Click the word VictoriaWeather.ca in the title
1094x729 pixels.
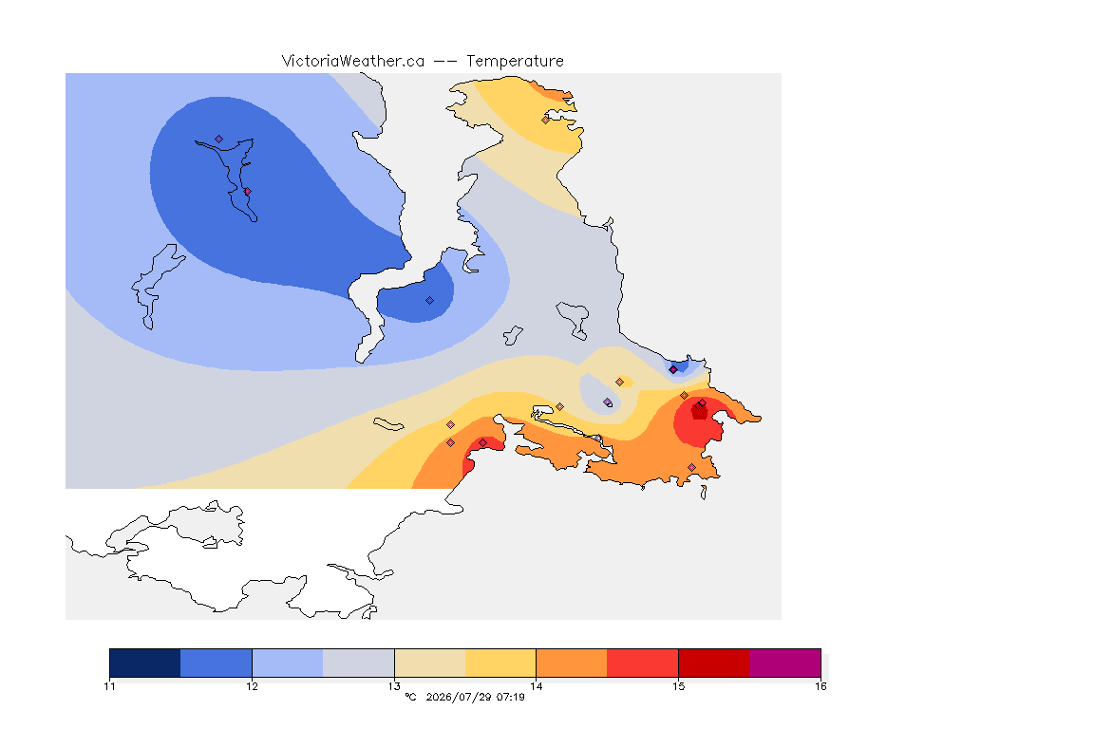click(x=353, y=62)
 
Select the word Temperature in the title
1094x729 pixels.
click(x=515, y=62)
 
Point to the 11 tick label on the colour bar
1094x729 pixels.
click(x=109, y=686)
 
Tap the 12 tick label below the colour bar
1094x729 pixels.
click(x=252, y=686)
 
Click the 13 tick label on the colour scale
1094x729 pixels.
click(x=394, y=686)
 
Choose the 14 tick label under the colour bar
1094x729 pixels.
click(x=536, y=686)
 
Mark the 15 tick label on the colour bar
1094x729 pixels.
click(x=678, y=686)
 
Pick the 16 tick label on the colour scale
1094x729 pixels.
click(x=820, y=686)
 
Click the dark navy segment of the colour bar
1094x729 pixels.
click(x=145, y=663)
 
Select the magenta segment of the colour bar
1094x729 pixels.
click(x=785, y=663)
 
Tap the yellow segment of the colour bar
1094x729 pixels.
click(x=500, y=663)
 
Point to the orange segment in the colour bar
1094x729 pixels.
click(x=572, y=663)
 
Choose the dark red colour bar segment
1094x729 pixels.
click(x=714, y=663)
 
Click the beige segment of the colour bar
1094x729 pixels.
click(x=430, y=663)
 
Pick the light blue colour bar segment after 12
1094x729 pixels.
click(x=288, y=663)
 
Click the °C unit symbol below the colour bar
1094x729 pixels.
click(x=411, y=697)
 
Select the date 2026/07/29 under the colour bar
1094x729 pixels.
click(x=459, y=697)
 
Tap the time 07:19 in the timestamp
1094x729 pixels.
click(x=512, y=697)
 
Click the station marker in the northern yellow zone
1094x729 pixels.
click(x=546, y=120)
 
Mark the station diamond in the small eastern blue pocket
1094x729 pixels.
click(x=673, y=370)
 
